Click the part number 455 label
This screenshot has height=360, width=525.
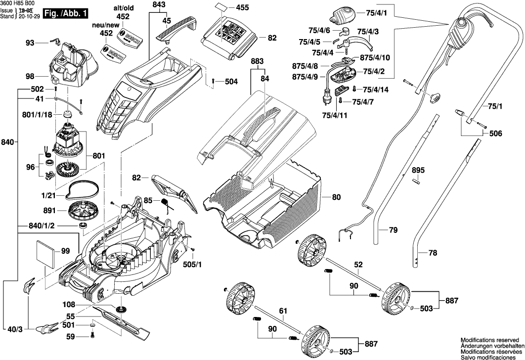coord(243,8)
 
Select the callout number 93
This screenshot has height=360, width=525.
coord(31,44)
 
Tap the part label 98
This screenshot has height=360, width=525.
coord(31,76)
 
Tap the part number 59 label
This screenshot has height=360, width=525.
coord(70,337)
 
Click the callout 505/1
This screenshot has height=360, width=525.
coord(196,265)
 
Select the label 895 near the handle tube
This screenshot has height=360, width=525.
coord(418,170)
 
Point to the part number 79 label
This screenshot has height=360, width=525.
coord(393,230)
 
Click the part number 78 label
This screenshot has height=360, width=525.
coord(433,253)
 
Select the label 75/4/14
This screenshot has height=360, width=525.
coord(376,90)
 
